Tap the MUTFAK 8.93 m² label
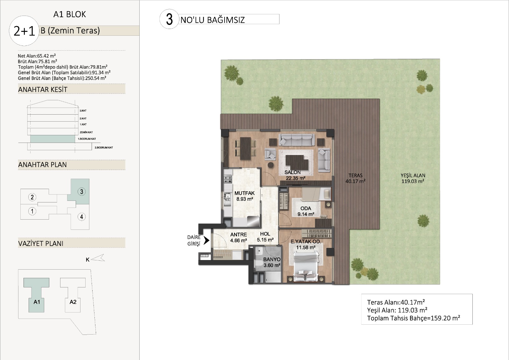(x=245, y=196)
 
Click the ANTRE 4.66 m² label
(x=239, y=237)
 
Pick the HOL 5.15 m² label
(x=265, y=237)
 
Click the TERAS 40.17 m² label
(x=355, y=178)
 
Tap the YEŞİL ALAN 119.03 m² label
(x=413, y=178)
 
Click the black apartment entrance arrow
(x=206, y=240)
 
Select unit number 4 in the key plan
(x=81, y=217)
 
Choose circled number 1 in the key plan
(x=32, y=211)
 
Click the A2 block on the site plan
(x=73, y=295)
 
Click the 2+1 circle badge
(x=24, y=31)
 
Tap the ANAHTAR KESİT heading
(x=43, y=89)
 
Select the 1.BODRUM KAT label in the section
(x=87, y=139)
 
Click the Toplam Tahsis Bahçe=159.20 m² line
(x=414, y=318)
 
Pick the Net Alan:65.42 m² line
(x=37, y=56)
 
